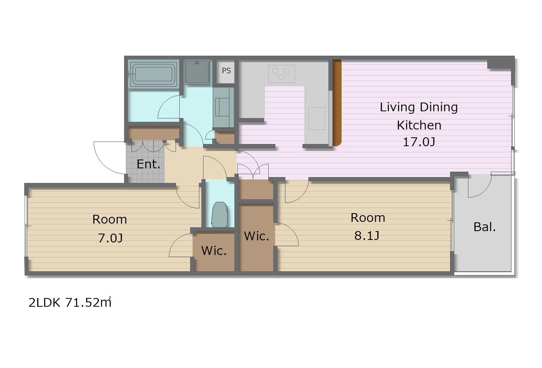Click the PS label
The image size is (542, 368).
(x=226, y=71)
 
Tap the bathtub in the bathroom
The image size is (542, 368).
(x=153, y=74)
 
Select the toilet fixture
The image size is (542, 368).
(x=220, y=214)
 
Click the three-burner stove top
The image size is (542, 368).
(x=281, y=74)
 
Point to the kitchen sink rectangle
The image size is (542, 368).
(x=316, y=118)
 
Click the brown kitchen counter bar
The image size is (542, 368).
(x=337, y=103)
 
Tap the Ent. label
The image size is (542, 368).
(x=149, y=164)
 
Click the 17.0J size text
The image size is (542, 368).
(x=419, y=142)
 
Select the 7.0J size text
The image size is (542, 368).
(x=110, y=238)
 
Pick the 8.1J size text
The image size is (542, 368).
(x=366, y=235)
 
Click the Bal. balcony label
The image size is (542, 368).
(x=485, y=227)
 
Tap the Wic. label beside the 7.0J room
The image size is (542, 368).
(x=214, y=251)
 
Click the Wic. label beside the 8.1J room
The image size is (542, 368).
(x=257, y=236)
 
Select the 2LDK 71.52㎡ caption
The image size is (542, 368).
(x=70, y=303)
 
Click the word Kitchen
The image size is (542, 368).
(x=419, y=125)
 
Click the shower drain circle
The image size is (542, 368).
(x=197, y=63)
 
